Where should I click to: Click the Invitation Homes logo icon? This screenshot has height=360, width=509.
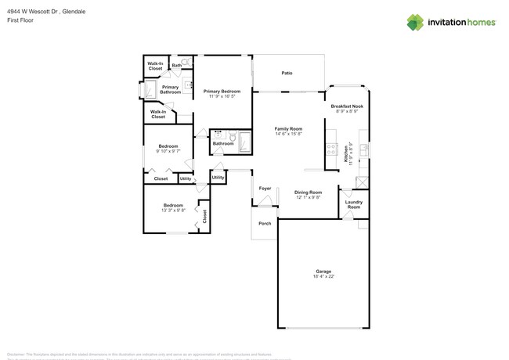click(x=414, y=23)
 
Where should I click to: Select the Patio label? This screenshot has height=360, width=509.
click(x=287, y=74)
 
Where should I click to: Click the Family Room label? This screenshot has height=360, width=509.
click(x=288, y=128)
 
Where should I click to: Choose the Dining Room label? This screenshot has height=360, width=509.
click(x=308, y=192)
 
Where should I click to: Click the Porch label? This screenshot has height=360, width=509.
click(x=265, y=223)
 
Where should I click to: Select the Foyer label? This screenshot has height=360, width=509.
click(x=265, y=189)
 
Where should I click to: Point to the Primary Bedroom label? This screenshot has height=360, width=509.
click(x=222, y=92)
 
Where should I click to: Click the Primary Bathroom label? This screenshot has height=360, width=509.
click(x=171, y=89)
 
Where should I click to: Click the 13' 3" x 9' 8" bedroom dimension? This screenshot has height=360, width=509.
click(x=173, y=210)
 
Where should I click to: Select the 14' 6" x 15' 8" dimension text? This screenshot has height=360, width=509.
click(x=288, y=134)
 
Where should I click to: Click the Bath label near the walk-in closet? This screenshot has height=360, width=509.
click(x=166, y=65)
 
